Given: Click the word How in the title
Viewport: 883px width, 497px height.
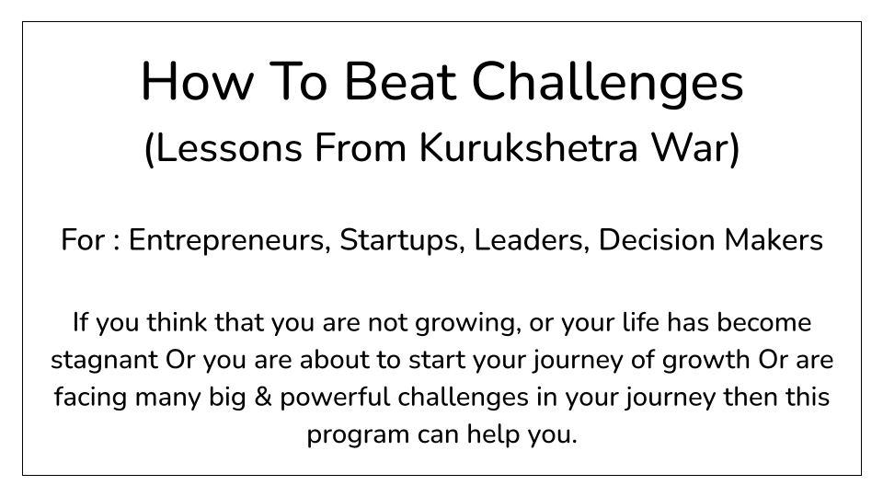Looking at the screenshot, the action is click(x=197, y=82).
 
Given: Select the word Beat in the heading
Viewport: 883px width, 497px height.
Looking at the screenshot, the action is click(x=400, y=82).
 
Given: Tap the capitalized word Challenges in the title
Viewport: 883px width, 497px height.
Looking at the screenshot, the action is click(x=608, y=85).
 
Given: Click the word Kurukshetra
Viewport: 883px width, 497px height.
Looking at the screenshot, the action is click(x=528, y=147).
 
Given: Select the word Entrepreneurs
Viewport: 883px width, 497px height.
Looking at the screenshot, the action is click(x=229, y=240).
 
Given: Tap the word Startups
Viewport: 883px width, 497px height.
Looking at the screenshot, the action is click(x=402, y=240).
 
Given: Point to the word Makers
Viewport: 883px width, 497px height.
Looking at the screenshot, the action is click(x=774, y=239).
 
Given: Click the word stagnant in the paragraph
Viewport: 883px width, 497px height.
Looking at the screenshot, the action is click(x=104, y=361).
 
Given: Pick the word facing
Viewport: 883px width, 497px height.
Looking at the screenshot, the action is click(x=90, y=399).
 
